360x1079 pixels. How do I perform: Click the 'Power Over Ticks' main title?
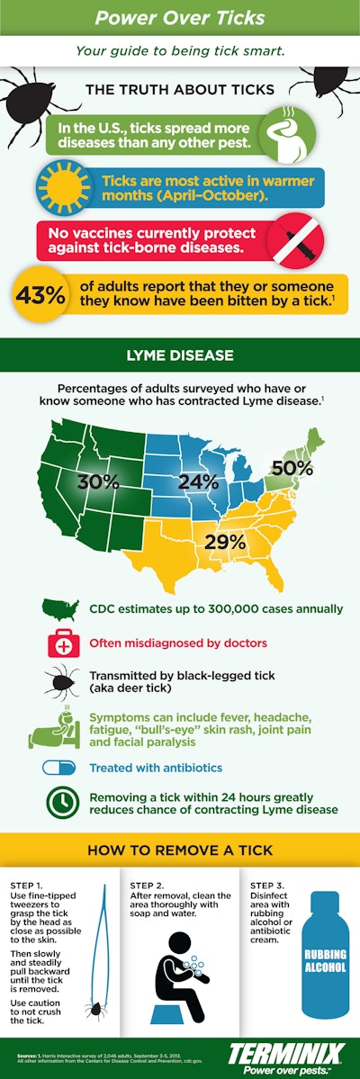point(180,18)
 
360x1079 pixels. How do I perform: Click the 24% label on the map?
point(198,481)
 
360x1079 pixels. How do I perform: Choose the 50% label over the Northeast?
point(292,468)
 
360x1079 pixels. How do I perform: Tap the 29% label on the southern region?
point(225,541)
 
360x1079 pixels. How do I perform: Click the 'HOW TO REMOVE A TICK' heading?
point(180,850)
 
